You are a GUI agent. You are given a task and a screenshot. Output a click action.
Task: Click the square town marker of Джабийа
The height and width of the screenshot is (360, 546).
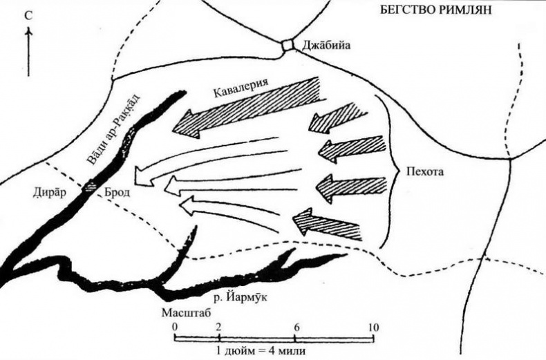point(288,46)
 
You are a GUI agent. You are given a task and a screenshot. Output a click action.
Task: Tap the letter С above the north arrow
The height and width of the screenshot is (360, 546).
point(26,15)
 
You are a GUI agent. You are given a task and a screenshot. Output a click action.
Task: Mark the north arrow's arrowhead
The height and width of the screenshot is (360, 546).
point(27,32)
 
